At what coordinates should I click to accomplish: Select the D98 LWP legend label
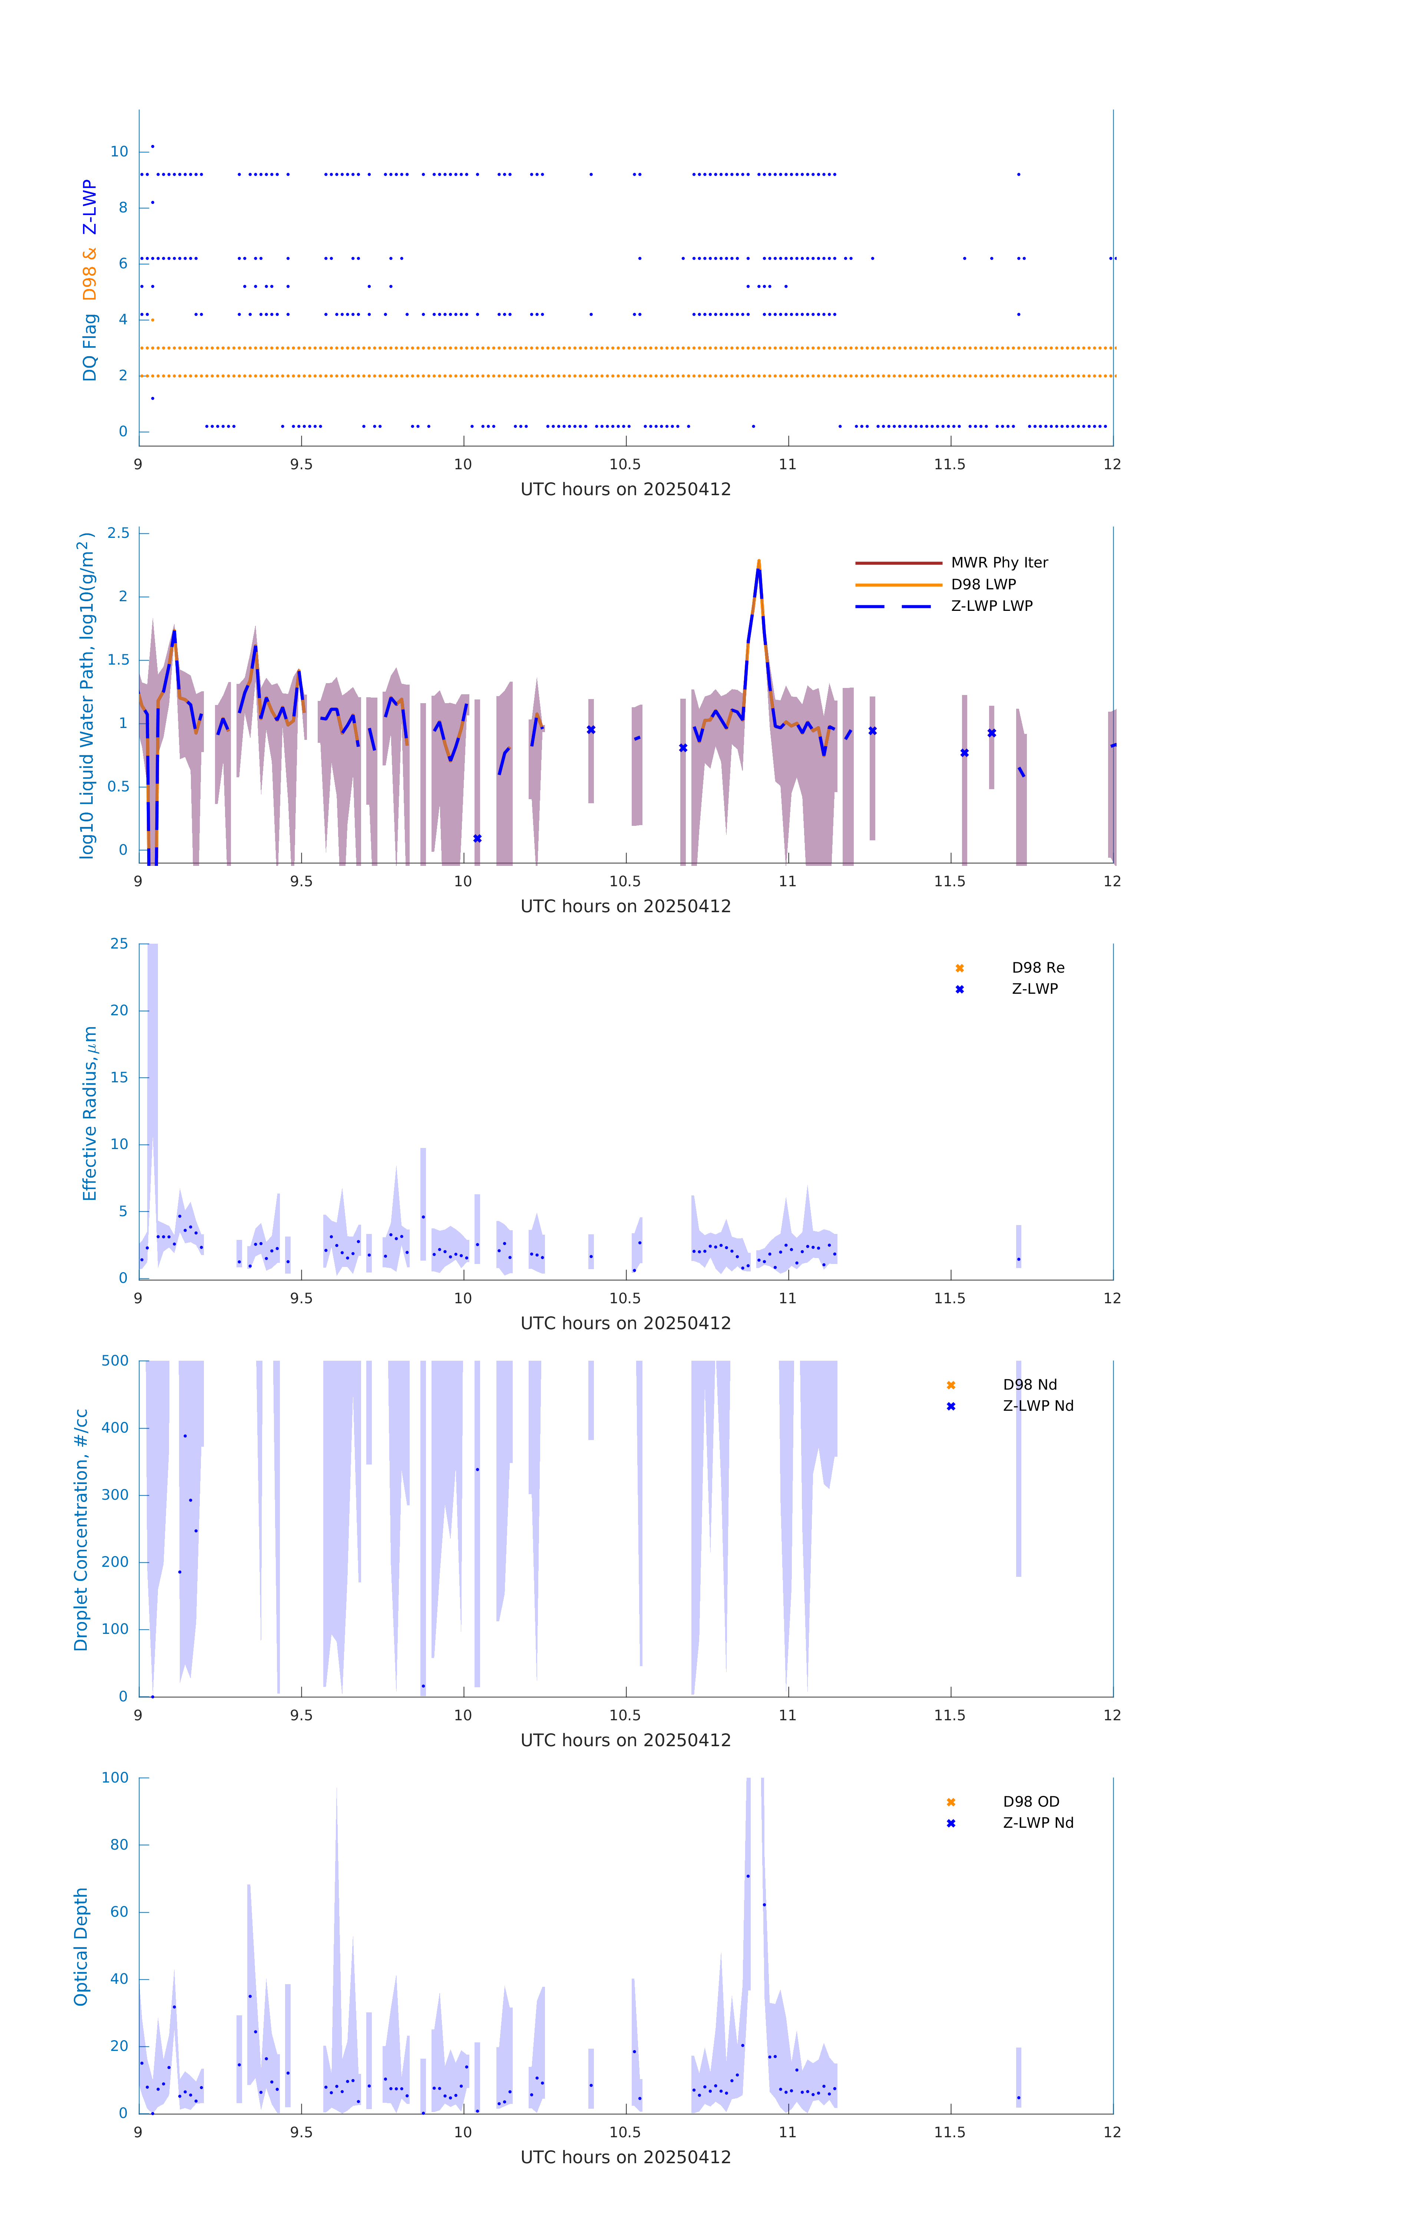click(x=983, y=585)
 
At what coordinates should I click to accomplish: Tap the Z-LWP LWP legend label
click(x=991, y=606)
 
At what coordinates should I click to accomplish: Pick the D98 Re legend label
click(x=1037, y=968)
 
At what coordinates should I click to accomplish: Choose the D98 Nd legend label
click(x=1029, y=1384)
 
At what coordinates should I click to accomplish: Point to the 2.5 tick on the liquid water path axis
click(x=118, y=533)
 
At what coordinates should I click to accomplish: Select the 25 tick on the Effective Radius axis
click(x=119, y=944)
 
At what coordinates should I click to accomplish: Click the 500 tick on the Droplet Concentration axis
click(x=115, y=1360)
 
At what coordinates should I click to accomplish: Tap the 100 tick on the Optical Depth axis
click(x=115, y=1778)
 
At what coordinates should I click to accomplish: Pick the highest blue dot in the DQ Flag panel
click(x=152, y=146)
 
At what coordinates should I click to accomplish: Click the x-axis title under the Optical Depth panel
click(x=625, y=2158)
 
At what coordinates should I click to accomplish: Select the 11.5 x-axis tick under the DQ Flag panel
click(x=950, y=464)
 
